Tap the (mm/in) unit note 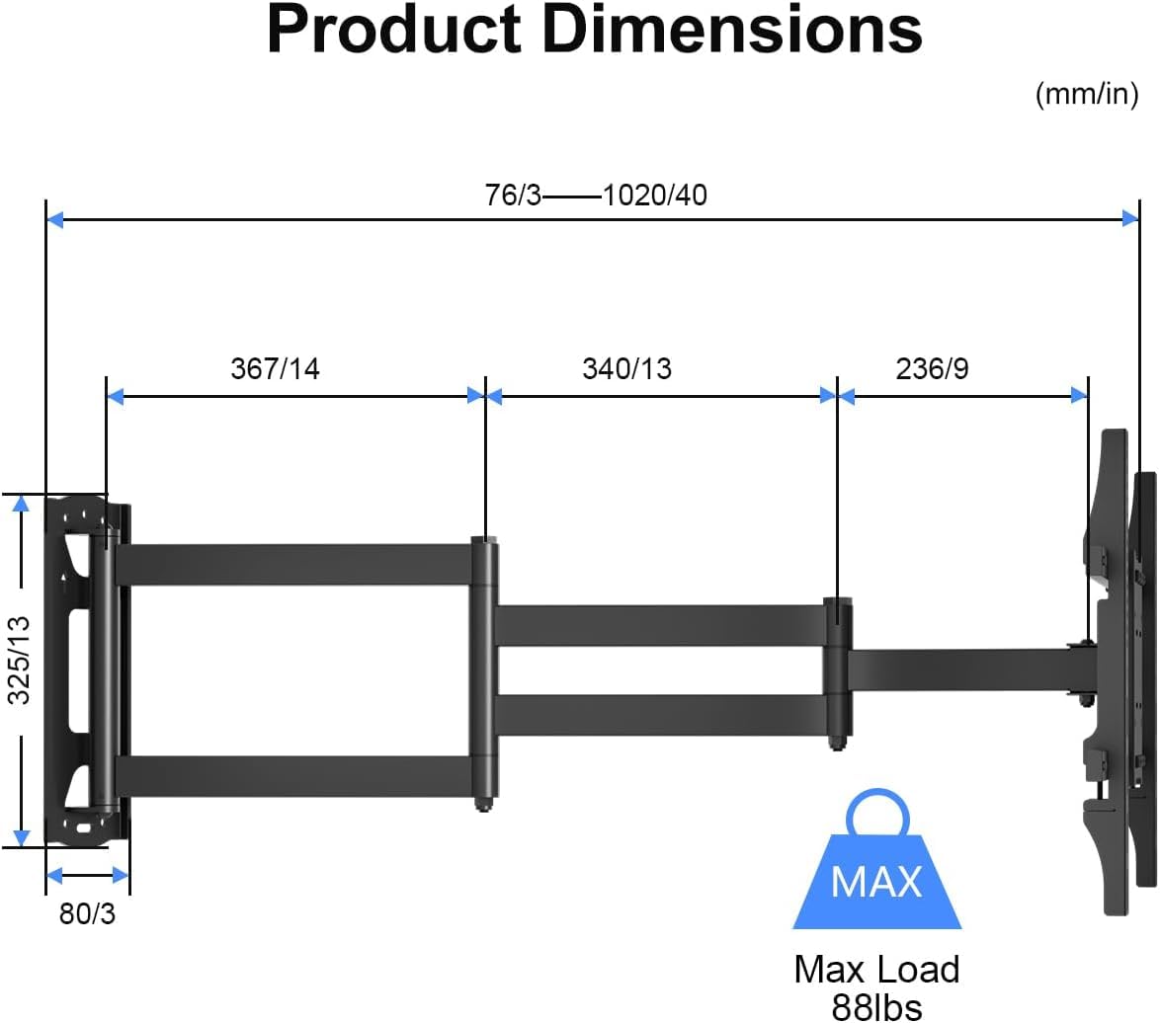(x=1086, y=95)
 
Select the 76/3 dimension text (x=513, y=196)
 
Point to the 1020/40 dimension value (x=655, y=196)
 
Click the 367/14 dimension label (x=275, y=369)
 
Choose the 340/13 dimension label (x=626, y=369)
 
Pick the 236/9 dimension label (x=932, y=369)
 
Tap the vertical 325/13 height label (x=20, y=660)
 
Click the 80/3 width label (x=87, y=914)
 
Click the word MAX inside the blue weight (x=876, y=880)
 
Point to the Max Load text (x=876, y=969)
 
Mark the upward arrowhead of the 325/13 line (x=20, y=504)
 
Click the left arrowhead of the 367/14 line (x=115, y=396)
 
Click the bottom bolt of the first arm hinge (x=483, y=804)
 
